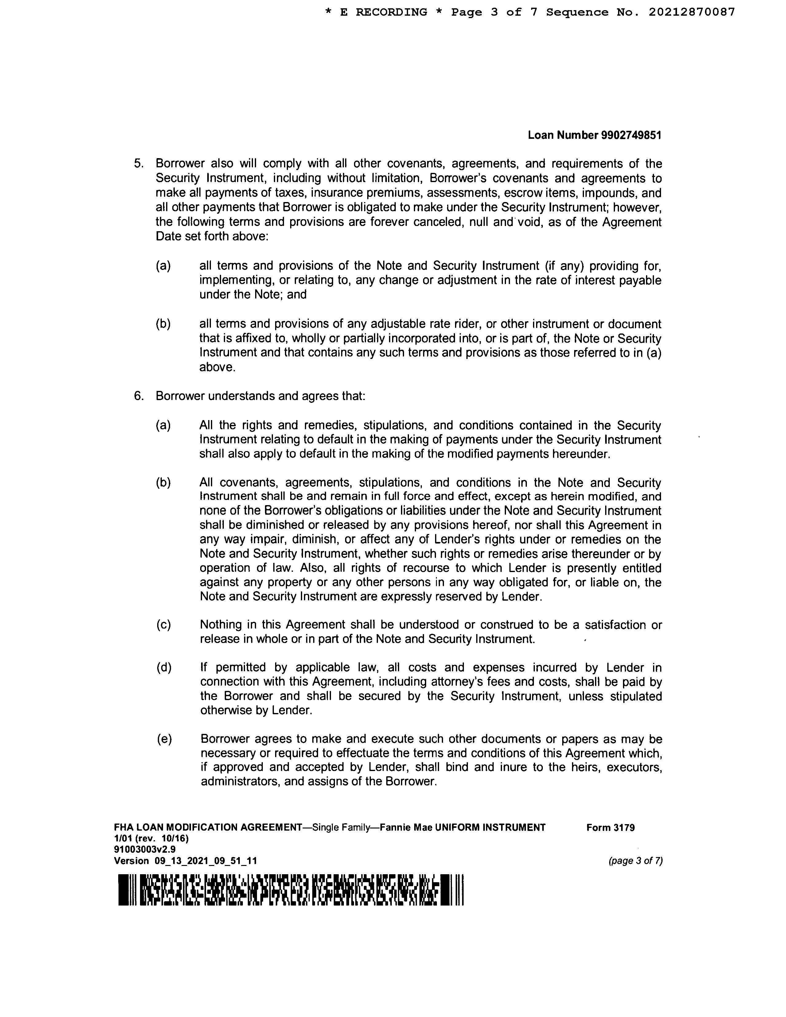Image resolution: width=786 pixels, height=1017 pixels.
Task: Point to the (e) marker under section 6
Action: tap(164, 739)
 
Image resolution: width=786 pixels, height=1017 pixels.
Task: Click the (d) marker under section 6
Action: tap(164, 667)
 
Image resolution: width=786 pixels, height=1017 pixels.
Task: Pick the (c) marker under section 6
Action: tap(163, 625)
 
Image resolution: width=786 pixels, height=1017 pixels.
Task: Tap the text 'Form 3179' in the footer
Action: tap(610, 828)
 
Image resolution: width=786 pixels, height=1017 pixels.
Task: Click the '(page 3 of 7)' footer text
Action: tap(635, 861)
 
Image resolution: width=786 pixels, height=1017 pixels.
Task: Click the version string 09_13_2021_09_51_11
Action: tap(205, 861)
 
